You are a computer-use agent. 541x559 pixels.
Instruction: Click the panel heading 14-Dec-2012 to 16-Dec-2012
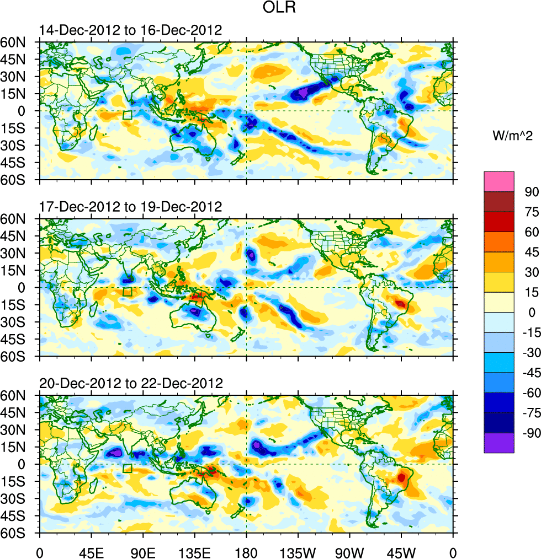pyautogui.click(x=130, y=30)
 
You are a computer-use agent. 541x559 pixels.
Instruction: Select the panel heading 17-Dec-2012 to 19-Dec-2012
pyautogui.click(x=130, y=207)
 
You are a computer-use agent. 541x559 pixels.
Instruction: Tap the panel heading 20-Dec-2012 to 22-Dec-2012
pyautogui.click(x=131, y=383)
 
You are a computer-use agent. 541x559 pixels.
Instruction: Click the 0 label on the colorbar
pyautogui.click(x=531, y=312)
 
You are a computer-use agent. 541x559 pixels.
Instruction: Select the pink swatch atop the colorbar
pyautogui.click(x=498, y=181)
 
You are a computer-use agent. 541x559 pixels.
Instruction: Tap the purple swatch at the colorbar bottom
pyautogui.click(x=498, y=443)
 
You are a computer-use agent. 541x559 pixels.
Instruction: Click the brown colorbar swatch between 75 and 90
pyautogui.click(x=498, y=201)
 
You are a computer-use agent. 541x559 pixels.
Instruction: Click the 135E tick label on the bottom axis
pyautogui.click(x=195, y=552)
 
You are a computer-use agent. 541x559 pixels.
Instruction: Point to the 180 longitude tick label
pyautogui.click(x=246, y=552)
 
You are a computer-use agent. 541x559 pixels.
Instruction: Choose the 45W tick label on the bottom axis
pyautogui.click(x=401, y=552)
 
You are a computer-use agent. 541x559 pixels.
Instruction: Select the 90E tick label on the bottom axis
pyautogui.click(x=143, y=552)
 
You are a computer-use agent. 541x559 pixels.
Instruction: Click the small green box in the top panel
pyautogui.click(x=127, y=115)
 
